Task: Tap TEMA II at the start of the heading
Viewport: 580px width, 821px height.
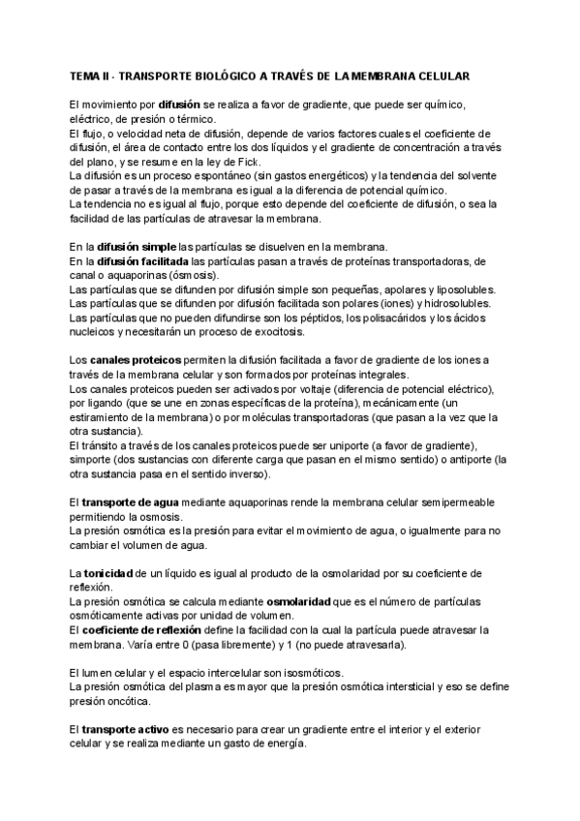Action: point(89,75)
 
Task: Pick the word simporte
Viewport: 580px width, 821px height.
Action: point(95,461)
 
